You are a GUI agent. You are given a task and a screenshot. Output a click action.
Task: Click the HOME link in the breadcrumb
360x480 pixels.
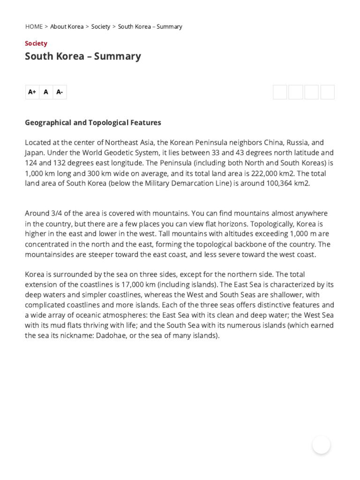point(34,27)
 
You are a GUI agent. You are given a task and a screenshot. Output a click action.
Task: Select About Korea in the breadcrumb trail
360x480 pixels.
point(67,27)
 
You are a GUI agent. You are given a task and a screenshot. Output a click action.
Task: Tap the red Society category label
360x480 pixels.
point(36,43)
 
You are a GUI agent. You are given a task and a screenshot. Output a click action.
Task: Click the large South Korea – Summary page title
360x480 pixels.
point(82,56)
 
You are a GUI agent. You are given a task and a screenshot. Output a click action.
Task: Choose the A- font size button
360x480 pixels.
point(60,92)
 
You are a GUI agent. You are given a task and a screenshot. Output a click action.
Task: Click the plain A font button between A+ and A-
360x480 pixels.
point(46,92)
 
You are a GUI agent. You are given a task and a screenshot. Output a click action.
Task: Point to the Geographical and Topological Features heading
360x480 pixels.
point(93,122)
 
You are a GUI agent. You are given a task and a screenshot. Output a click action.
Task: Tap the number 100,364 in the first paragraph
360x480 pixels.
point(271,183)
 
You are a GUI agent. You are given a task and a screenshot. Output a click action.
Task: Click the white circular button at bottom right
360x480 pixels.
point(321,445)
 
